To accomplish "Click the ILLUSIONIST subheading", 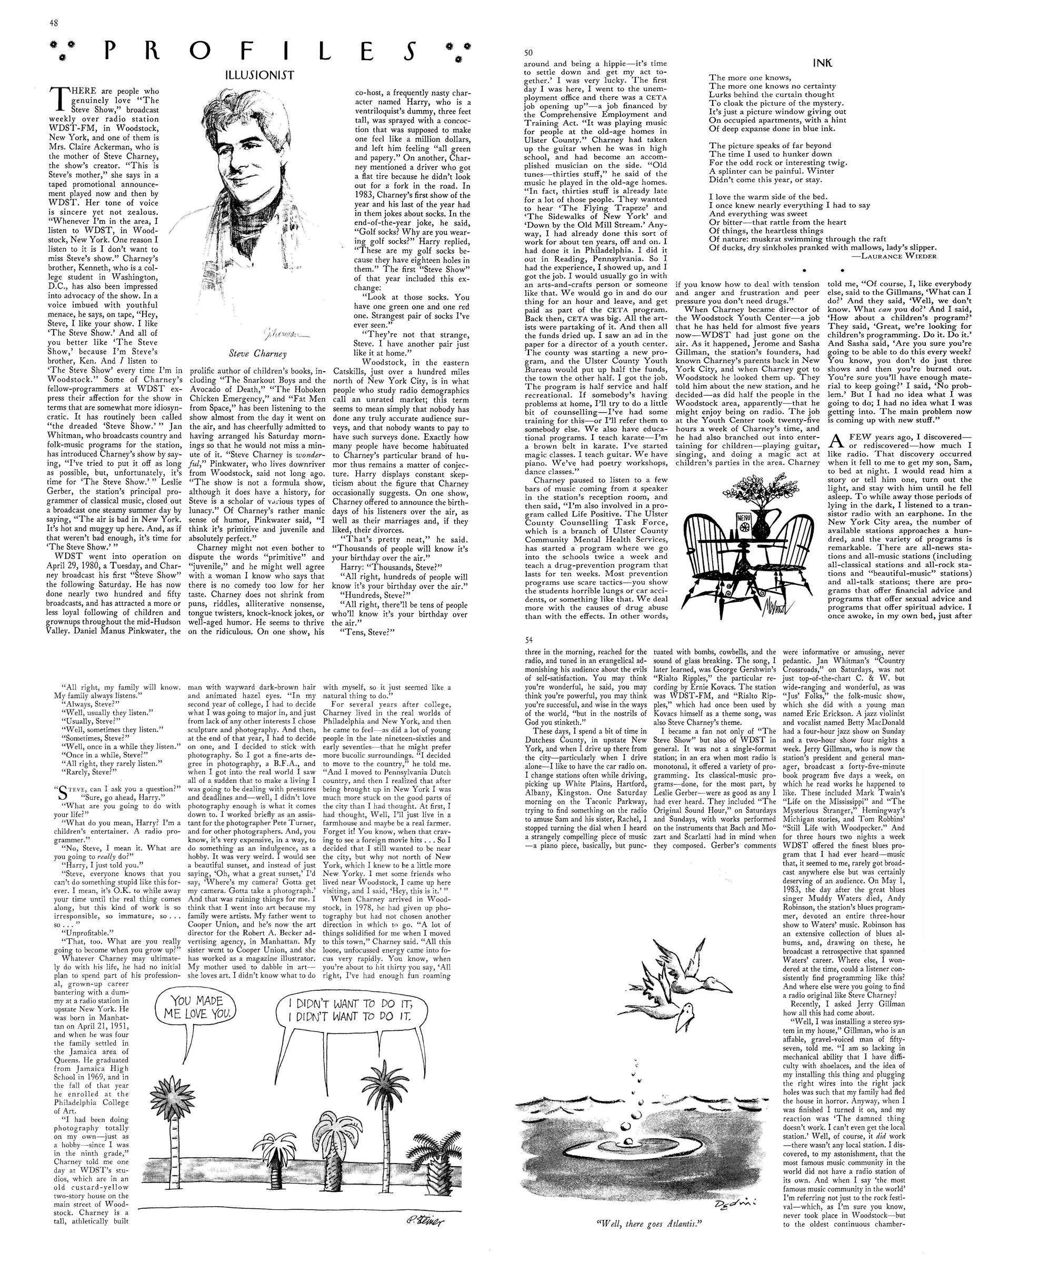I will pyautogui.click(x=260, y=75).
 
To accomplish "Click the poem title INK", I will pyautogui.click(x=823, y=63).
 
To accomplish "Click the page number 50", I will pyautogui.click(x=528, y=53).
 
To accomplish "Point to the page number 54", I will pyautogui.click(x=528, y=640).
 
